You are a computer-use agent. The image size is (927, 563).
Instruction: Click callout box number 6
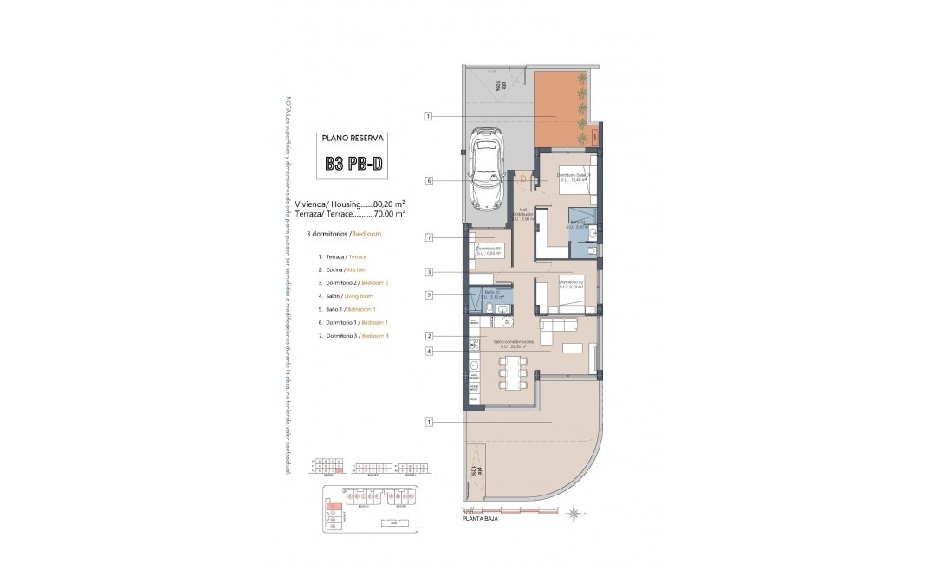428,181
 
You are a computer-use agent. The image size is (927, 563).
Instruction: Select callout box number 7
428,237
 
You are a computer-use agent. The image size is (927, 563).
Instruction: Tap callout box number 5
428,294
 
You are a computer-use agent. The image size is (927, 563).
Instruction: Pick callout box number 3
428,271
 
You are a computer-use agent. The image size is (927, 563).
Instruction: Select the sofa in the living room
560,325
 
